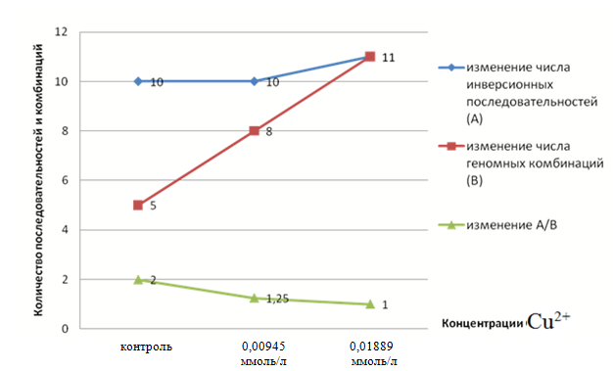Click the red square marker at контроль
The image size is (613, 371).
(x=138, y=205)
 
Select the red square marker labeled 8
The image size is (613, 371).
(x=255, y=130)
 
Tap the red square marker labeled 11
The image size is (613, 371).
(x=370, y=57)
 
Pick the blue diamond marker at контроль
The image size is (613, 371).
(x=138, y=81)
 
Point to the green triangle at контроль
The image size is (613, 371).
(x=138, y=280)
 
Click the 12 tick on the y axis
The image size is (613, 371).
(x=61, y=32)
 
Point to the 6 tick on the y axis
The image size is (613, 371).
(x=65, y=180)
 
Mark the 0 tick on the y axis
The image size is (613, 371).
(x=65, y=329)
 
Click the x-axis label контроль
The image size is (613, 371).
(x=146, y=347)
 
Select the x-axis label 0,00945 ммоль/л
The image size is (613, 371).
(x=263, y=353)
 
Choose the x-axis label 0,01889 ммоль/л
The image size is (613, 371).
(x=373, y=353)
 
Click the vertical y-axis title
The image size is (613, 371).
(x=38, y=180)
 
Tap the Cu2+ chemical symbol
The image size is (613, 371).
(x=548, y=321)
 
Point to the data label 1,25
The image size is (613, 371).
(x=277, y=300)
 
